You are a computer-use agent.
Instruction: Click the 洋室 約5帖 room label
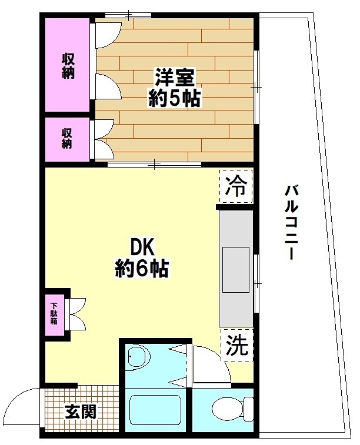coord(175,87)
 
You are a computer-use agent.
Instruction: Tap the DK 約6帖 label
coord(141,257)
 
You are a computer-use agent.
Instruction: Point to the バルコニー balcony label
coord(292,222)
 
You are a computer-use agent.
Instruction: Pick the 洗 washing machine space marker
coord(237,344)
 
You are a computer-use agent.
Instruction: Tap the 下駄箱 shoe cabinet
coord(55,314)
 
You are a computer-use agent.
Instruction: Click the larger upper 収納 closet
coord(68,66)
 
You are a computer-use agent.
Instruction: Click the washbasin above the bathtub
coord(139,356)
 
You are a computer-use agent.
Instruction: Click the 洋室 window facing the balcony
coord(257,87)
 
